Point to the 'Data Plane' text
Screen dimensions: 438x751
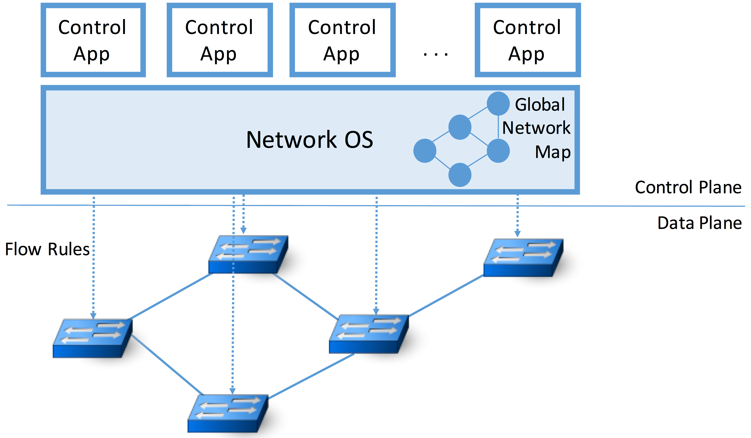[x=699, y=223]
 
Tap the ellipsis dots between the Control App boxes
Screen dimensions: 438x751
[x=435, y=54]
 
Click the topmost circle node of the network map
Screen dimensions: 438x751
[x=498, y=103]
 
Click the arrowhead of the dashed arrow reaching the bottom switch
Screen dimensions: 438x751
[x=232, y=391]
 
